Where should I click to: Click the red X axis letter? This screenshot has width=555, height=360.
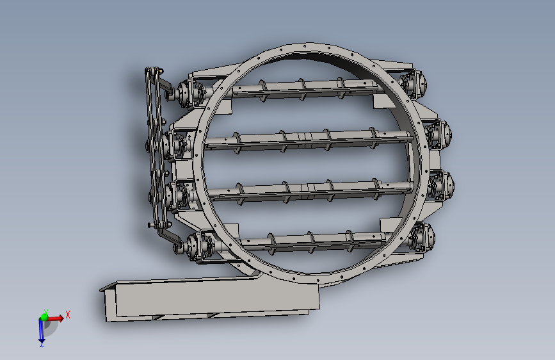pos(68,315)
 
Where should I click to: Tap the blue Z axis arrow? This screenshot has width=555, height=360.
pos(41,331)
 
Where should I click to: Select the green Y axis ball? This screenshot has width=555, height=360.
pos(44,317)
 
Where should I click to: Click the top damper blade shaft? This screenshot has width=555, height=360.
pos(305,89)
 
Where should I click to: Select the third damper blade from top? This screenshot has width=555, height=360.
pos(310,192)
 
